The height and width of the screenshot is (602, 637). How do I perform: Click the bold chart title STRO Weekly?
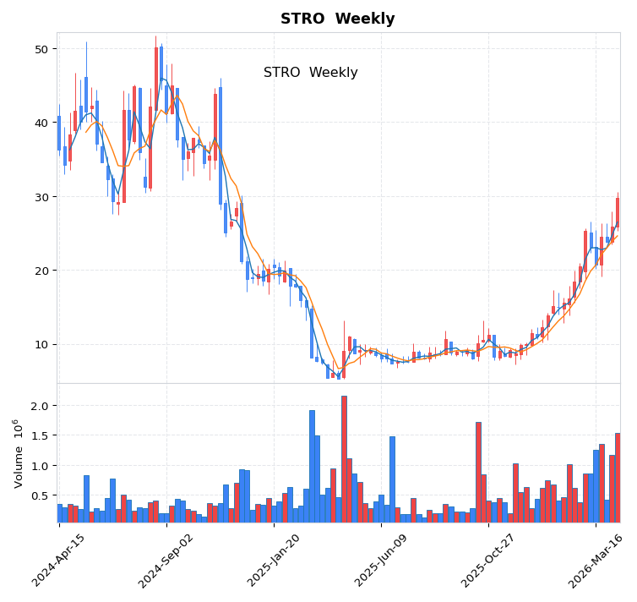coord(337,19)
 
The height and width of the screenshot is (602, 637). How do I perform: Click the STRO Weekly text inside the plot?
coord(310,73)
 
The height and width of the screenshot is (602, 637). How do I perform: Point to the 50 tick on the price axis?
coord(41,49)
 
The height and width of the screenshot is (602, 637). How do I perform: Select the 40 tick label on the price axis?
coord(41,123)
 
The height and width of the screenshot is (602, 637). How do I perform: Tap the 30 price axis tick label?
coord(41,197)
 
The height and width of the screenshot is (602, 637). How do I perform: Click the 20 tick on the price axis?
coord(41,271)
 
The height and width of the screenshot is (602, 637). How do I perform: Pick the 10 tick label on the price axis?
coord(41,344)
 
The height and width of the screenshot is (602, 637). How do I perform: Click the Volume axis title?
coord(18,453)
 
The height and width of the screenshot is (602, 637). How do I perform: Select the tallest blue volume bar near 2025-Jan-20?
coord(312,466)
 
